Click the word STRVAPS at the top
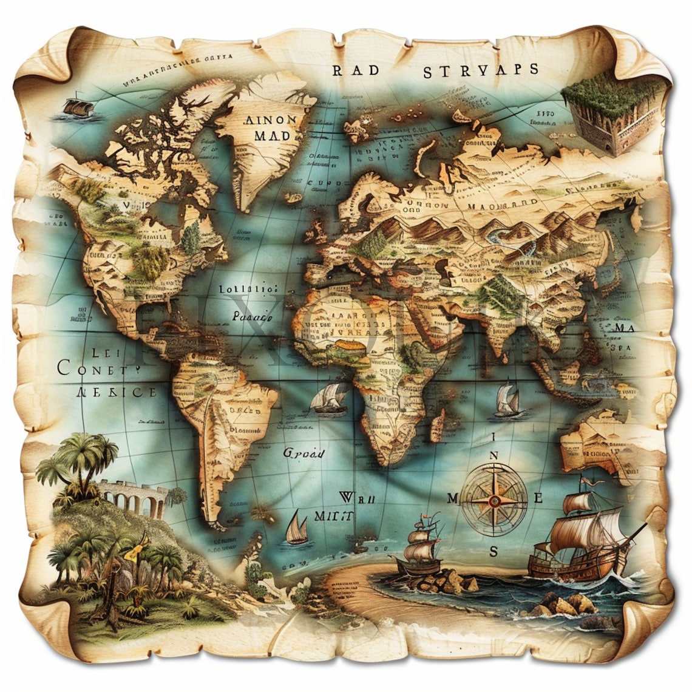pyautogui.click(x=480, y=70)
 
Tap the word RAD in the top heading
pyautogui.click(x=356, y=70)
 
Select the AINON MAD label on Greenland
pyautogui.click(x=270, y=128)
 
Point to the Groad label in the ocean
pyautogui.click(x=304, y=453)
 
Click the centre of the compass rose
pyautogui.click(x=495, y=500)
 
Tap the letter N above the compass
pyautogui.click(x=494, y=456)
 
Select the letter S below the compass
pyautogui.click(x=494, y=552)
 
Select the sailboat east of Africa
pyautogui.click(x=507, y=401)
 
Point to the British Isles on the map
pyautogui.click(x=317, y=230)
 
